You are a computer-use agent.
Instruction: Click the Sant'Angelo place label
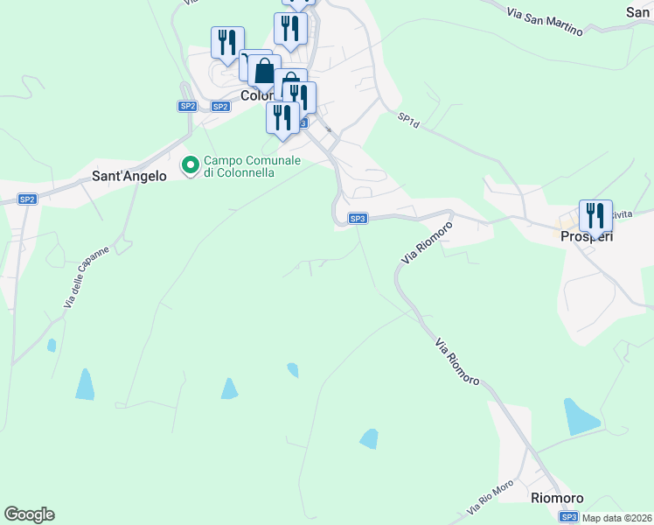(x=129, y=176)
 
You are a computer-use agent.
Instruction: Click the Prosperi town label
(x=587, y=236)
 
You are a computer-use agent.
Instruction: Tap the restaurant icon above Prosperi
(x=595, y=215)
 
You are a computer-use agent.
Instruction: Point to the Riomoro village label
(x=557, y=498)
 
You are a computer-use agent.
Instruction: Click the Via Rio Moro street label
(x=490, y=498)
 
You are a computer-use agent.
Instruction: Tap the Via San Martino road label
(x=544, y=21)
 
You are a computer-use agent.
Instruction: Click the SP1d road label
(x=409, y=120)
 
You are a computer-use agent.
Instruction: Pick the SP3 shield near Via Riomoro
(x=357, y=219)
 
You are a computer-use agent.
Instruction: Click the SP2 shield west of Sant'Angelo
(x=27, y=199)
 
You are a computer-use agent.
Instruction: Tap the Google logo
(x=29, y=514)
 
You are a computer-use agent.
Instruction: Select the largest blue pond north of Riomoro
(x=581, y=416)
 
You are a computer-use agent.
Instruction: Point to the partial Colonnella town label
(x=256, y=96)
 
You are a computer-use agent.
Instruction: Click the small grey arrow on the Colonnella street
(x=329, y=129)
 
